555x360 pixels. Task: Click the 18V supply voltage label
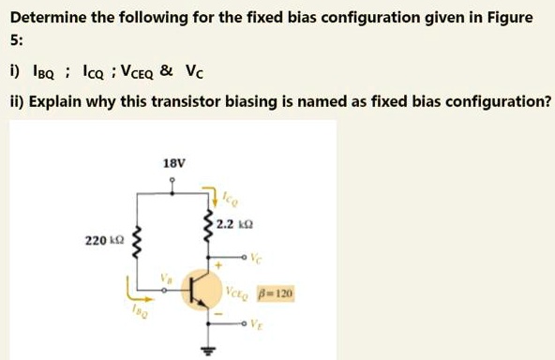tap(174, 163)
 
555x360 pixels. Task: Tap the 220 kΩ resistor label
tap(101, 241)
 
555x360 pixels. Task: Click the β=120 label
tap(277, 293)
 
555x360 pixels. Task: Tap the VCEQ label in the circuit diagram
tap(238, 293)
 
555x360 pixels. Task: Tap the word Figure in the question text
tap(508, 17)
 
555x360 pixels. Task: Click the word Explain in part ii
tap(55, 100)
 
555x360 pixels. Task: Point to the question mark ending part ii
tap(547, 100)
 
